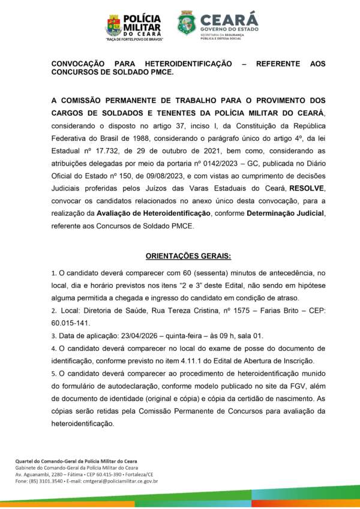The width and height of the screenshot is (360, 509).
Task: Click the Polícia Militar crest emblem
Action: pyautogui.click(x=113, y=25)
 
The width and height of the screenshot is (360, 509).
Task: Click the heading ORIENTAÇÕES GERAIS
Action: pyautogui.click(x=180, y=257)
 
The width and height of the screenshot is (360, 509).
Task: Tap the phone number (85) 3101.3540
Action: pyautogui.click(x=45, y=480)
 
